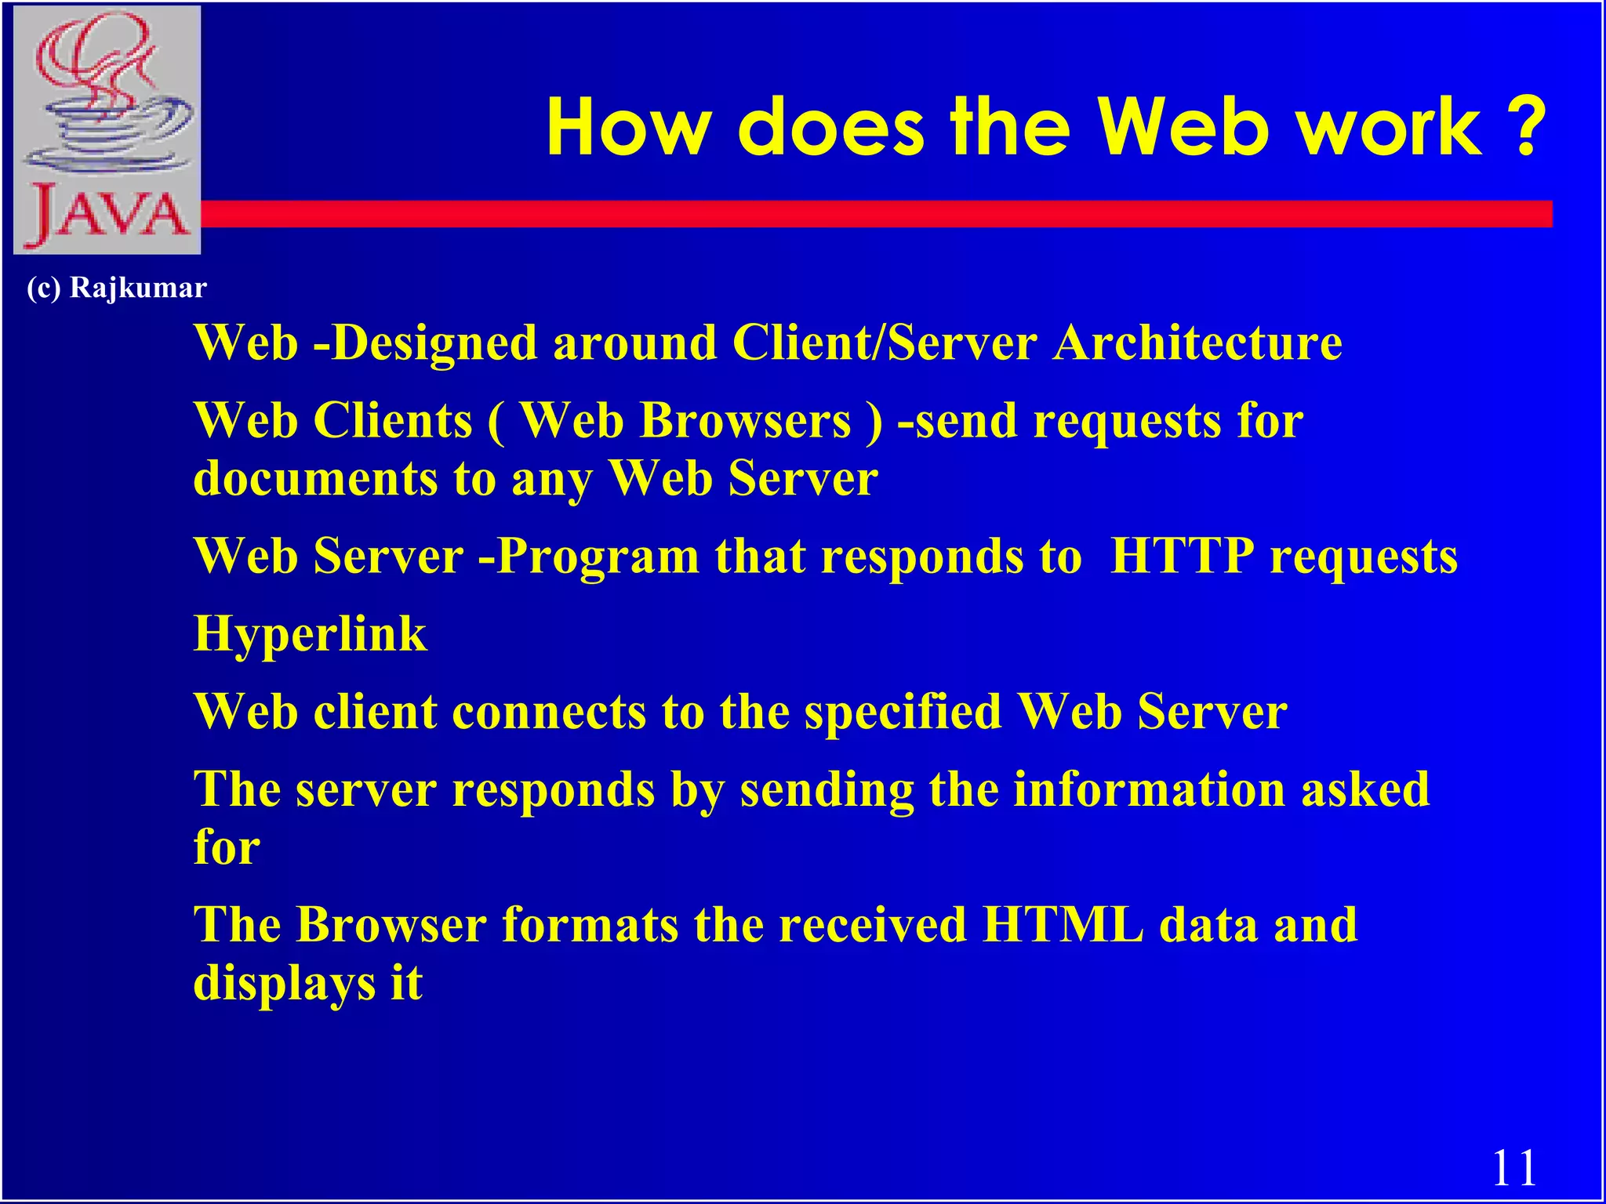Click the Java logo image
[x=107, y=129]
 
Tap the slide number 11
[x=1513, y=1169]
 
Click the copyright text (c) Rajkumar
[x=117, y=288]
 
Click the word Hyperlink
[x=311, y=634]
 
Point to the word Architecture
[x=1197, y=343]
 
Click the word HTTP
[x=1182, y=557]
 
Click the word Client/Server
[x=885, y=343]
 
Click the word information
[x=1149, y=789]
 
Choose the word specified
[x=903, y=713]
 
